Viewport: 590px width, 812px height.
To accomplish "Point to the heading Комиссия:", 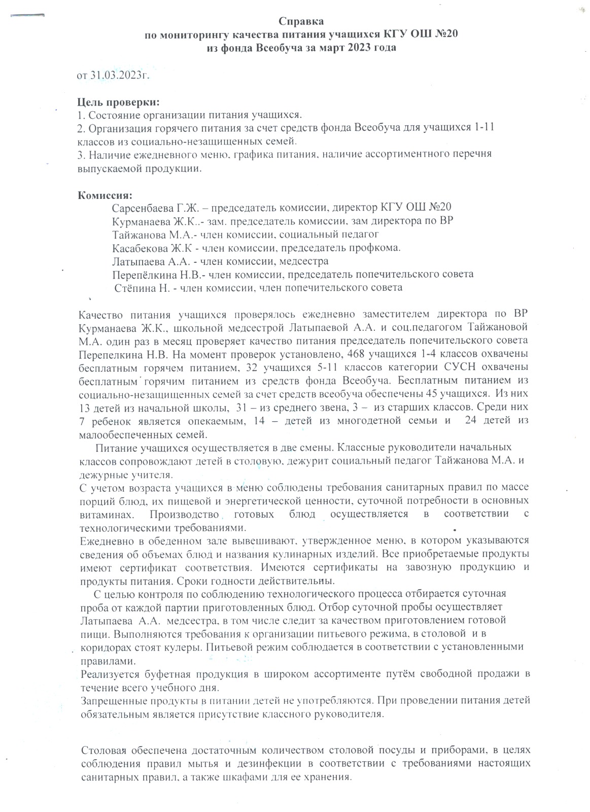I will [x=105, y=195].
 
